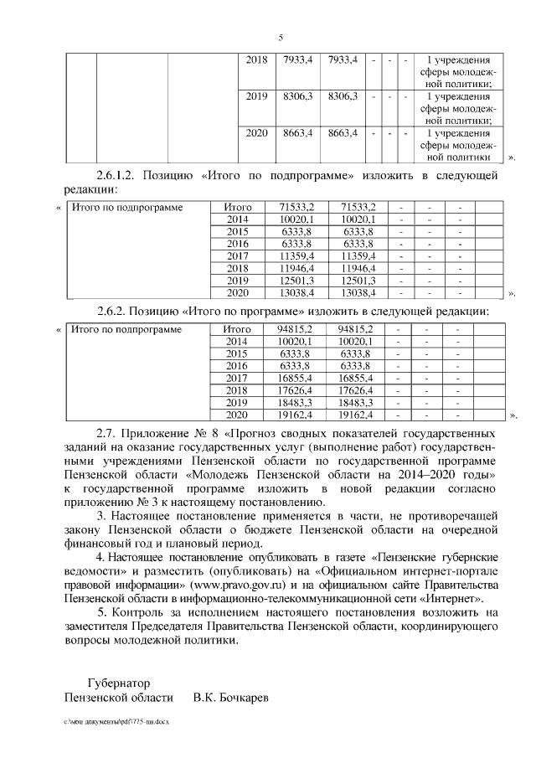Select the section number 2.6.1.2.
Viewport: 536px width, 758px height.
pyautogui.click(x=117, y=175)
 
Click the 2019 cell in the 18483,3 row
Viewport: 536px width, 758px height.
pyautogui.click(x=239, y=403)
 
